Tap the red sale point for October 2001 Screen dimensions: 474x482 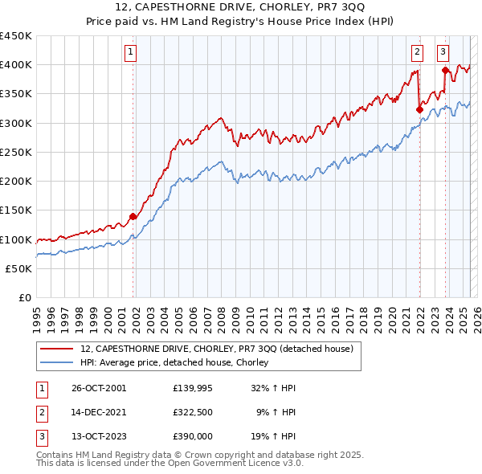click(x=133, y=216)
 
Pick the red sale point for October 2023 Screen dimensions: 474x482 click(x=445, y=70)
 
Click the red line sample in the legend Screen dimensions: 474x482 click(x=57, y=349)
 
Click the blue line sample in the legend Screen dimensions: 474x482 click(x=57, y=363)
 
